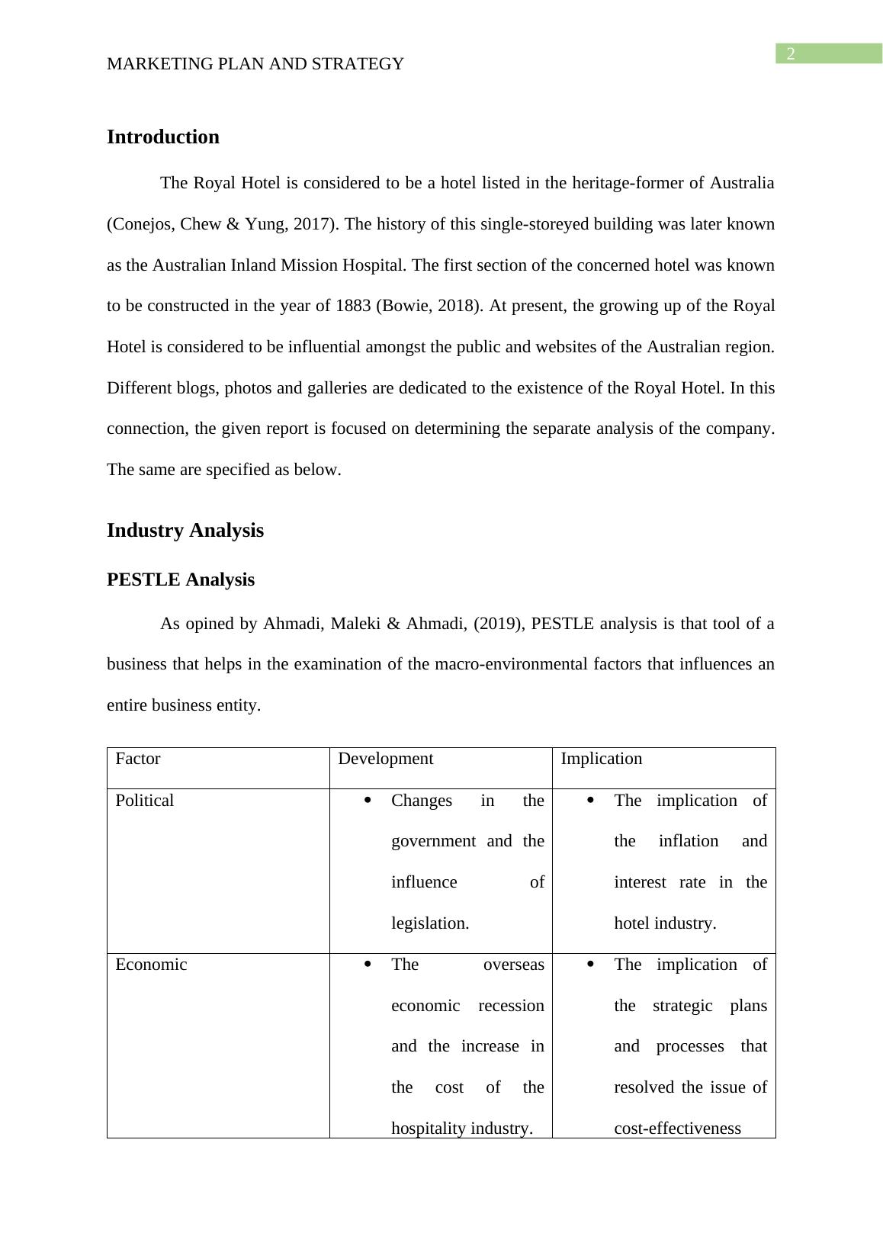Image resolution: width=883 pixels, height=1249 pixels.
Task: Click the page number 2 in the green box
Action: (791, 53)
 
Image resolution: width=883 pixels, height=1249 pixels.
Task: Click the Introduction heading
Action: (162, 137)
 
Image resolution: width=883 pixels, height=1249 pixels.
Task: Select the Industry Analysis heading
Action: (185, 531)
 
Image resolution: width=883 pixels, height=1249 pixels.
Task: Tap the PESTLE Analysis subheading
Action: (181, 580)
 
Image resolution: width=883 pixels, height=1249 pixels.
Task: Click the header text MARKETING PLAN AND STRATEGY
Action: (255, 64)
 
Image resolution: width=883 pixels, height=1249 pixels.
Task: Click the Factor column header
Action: (137, 759)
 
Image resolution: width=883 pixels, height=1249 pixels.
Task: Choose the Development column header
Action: (385, 759)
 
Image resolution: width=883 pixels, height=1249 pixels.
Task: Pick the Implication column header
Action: (601, 759)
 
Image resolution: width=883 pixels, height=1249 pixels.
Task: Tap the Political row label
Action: (144, 801)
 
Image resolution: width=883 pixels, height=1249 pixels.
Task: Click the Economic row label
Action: (151, 965)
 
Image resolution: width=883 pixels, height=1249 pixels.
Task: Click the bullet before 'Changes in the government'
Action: (368, 801)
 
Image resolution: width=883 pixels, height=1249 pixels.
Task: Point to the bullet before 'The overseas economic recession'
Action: (368, 965)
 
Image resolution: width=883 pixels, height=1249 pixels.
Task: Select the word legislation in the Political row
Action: (429, 923)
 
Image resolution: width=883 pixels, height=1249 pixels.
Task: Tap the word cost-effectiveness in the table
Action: (677, 1129)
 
